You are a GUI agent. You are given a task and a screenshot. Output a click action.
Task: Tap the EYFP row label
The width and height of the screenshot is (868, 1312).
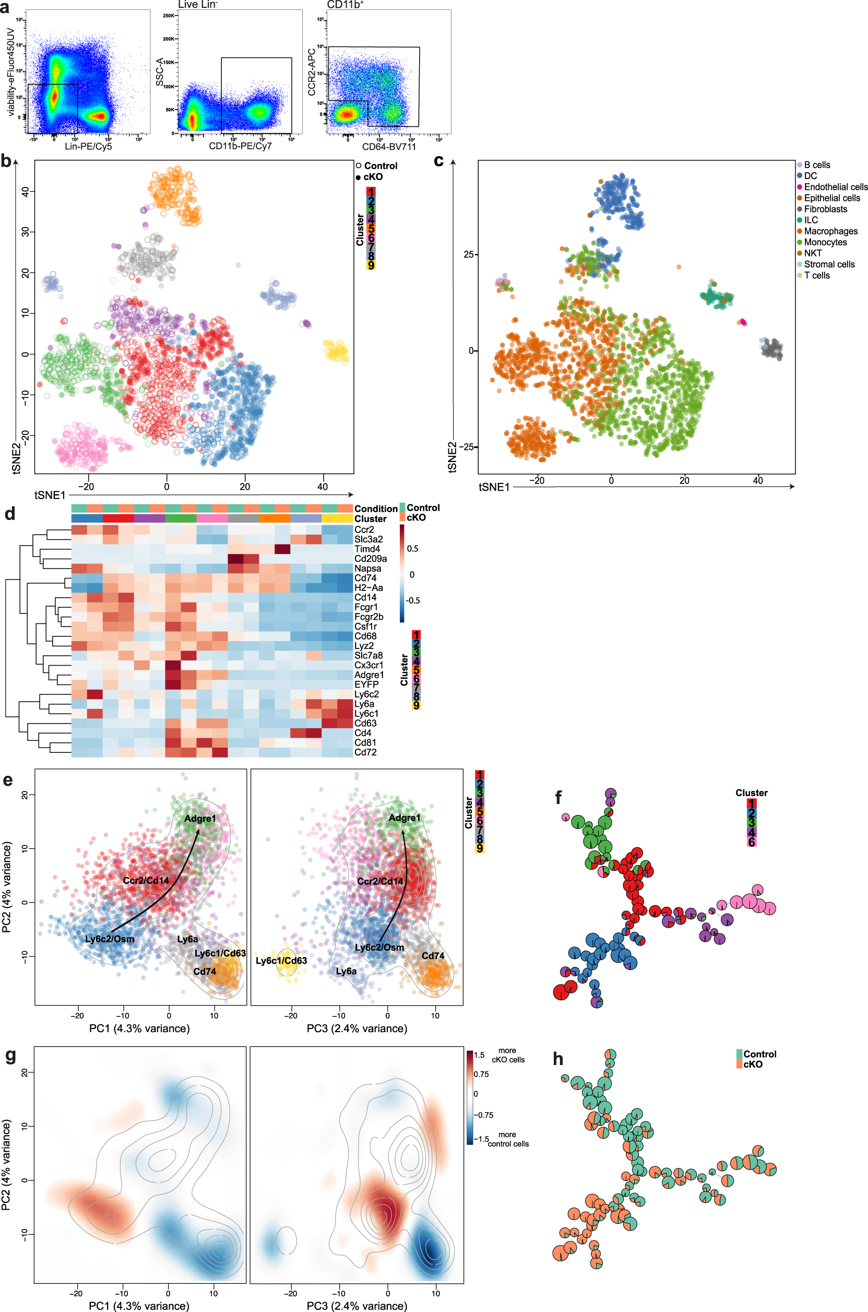(366, 684)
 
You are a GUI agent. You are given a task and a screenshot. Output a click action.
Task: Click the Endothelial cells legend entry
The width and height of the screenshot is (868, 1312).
(835, 187)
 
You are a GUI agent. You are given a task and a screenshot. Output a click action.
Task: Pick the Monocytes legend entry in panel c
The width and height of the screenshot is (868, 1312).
(825, 242)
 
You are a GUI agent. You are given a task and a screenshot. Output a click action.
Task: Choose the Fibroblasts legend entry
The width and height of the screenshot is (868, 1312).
(825, 209)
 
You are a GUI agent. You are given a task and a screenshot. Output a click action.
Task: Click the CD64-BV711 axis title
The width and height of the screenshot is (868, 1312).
(389, 147)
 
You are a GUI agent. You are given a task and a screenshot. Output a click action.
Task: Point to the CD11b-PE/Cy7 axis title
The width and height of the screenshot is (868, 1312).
(240, 146)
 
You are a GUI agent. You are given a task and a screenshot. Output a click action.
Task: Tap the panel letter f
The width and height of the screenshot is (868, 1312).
(558, 798)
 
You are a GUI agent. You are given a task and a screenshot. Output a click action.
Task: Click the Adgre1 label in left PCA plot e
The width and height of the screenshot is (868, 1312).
(200, 818)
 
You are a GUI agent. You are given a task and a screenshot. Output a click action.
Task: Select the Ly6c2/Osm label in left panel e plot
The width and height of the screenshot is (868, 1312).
(109, 939)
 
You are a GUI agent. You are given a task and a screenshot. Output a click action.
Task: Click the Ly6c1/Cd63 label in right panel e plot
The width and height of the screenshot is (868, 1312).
(281, 961)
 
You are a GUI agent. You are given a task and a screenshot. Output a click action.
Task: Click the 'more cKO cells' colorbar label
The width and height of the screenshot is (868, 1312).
(508, 1055)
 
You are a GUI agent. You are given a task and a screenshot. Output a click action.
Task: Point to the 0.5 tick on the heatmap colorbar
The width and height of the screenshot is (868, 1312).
(412, 549)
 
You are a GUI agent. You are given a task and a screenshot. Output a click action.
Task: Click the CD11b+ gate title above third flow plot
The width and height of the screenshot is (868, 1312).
(345, 4)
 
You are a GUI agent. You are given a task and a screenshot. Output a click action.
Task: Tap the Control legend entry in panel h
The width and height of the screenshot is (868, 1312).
(759, 1054)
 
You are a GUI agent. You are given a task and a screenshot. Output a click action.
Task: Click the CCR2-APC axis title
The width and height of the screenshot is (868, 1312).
(312, 72)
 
